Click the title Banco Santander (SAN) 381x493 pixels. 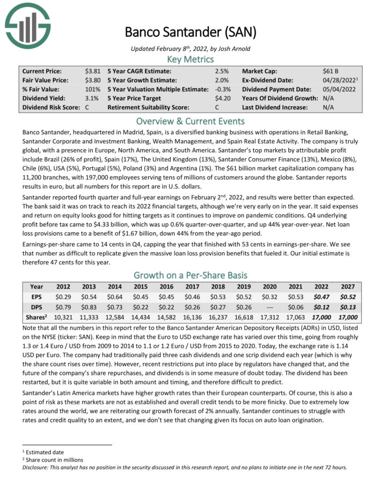[190, 31]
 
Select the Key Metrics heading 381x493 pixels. [190, 59]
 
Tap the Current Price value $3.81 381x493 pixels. [92, 71]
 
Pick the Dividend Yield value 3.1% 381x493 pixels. [92, 98]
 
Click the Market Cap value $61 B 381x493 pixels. [331, 71]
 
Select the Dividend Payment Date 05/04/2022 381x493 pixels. [338, 89]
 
